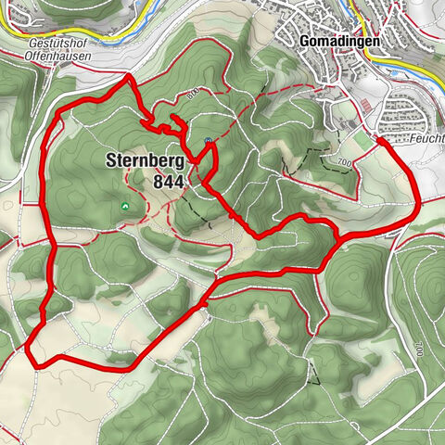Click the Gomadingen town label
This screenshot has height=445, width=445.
pos(337,42)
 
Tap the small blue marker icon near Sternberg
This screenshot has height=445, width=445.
pos(209,141)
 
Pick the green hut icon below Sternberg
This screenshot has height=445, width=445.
pos(125,205)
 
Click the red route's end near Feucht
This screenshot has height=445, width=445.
pos(379,139)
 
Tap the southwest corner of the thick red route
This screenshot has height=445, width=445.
pos(31,350)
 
